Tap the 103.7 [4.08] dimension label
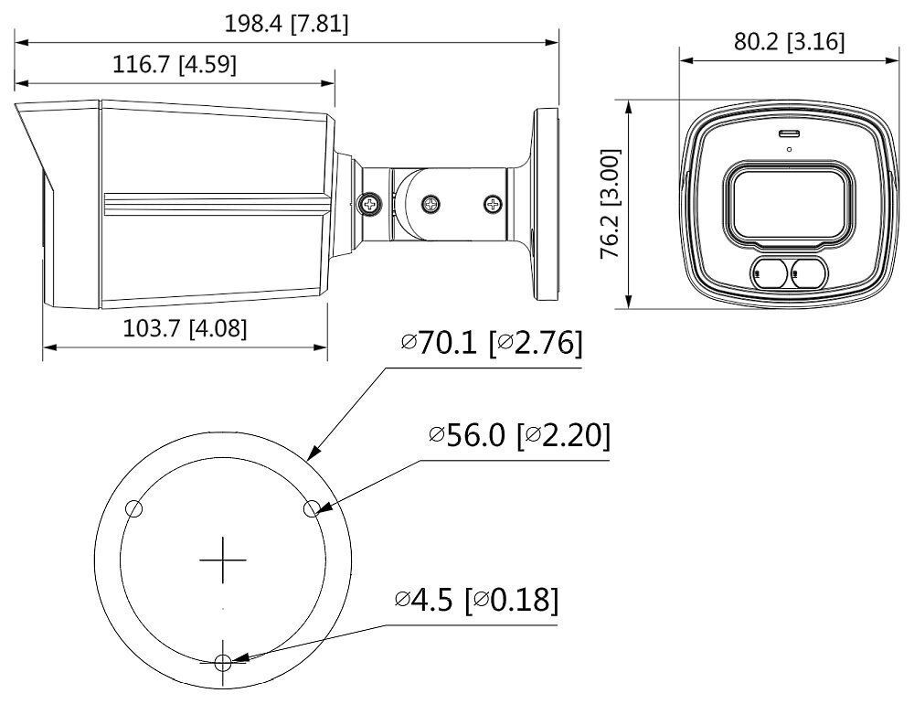[185, 328]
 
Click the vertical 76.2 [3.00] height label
[611, 206]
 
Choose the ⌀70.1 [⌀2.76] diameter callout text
[492, 346]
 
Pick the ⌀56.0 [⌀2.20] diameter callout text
[518, 436]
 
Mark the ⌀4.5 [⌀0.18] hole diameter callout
[475, 601]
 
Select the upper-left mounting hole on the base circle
[133, 508]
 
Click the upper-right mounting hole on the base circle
[311, 508]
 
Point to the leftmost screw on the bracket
[370, 204]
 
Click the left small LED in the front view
[767, 272]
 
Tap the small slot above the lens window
[787, 134]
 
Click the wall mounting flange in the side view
[545, 206]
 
